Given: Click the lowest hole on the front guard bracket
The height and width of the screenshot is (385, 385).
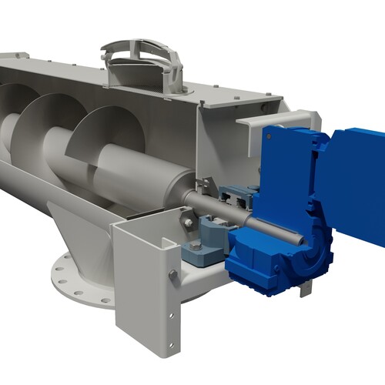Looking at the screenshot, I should (172, 323).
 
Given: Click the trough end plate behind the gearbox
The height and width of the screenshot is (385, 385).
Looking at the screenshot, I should (223, 146).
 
